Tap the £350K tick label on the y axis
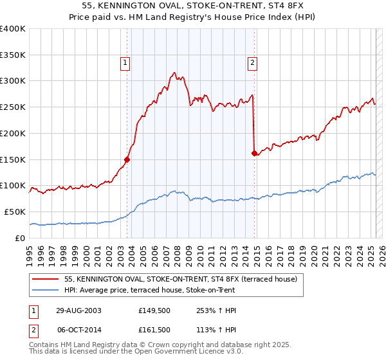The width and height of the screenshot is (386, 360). tap(13, 55)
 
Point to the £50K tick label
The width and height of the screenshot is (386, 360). tap(15, 212)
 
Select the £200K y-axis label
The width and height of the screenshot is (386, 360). tap(13, 133)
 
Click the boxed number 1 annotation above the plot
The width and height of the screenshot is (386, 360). tap(124, 62)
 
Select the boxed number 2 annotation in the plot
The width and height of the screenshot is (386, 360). tap(252, 62)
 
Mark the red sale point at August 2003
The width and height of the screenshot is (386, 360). tap(127, 159)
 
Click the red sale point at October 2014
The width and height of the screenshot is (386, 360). tap(254, 153)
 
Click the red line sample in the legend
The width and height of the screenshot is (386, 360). tap(46, 280)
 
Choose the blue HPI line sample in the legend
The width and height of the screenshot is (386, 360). tap(46, 290)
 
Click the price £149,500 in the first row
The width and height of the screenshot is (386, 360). tap(155, 310)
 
